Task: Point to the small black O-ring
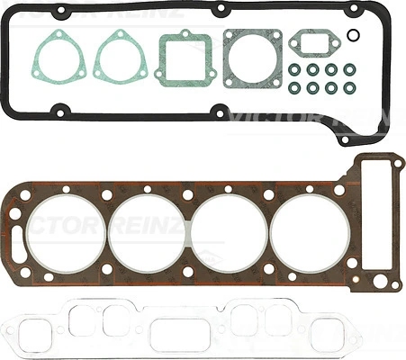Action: point(354,37)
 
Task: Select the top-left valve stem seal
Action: point(294,69)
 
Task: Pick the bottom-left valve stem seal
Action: point(294,88)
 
